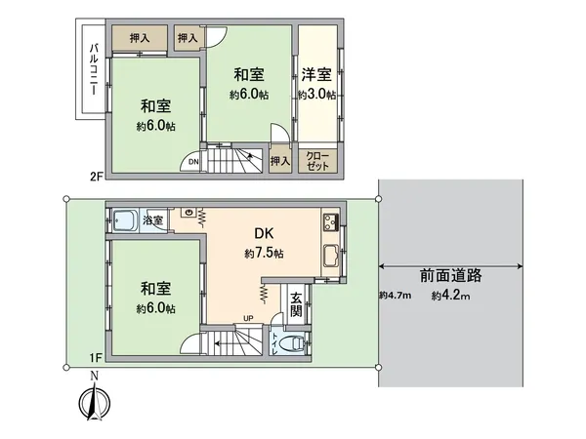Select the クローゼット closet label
(x=316, y=161)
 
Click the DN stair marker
(x=193, y=162)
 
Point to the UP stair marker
(x=248, y=318)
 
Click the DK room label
(x=264, y=234)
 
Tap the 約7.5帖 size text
(x=264, y=254)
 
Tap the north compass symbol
(x=95, y=400)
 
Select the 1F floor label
(x=96, y=357)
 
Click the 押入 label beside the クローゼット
(x=279, y=161)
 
